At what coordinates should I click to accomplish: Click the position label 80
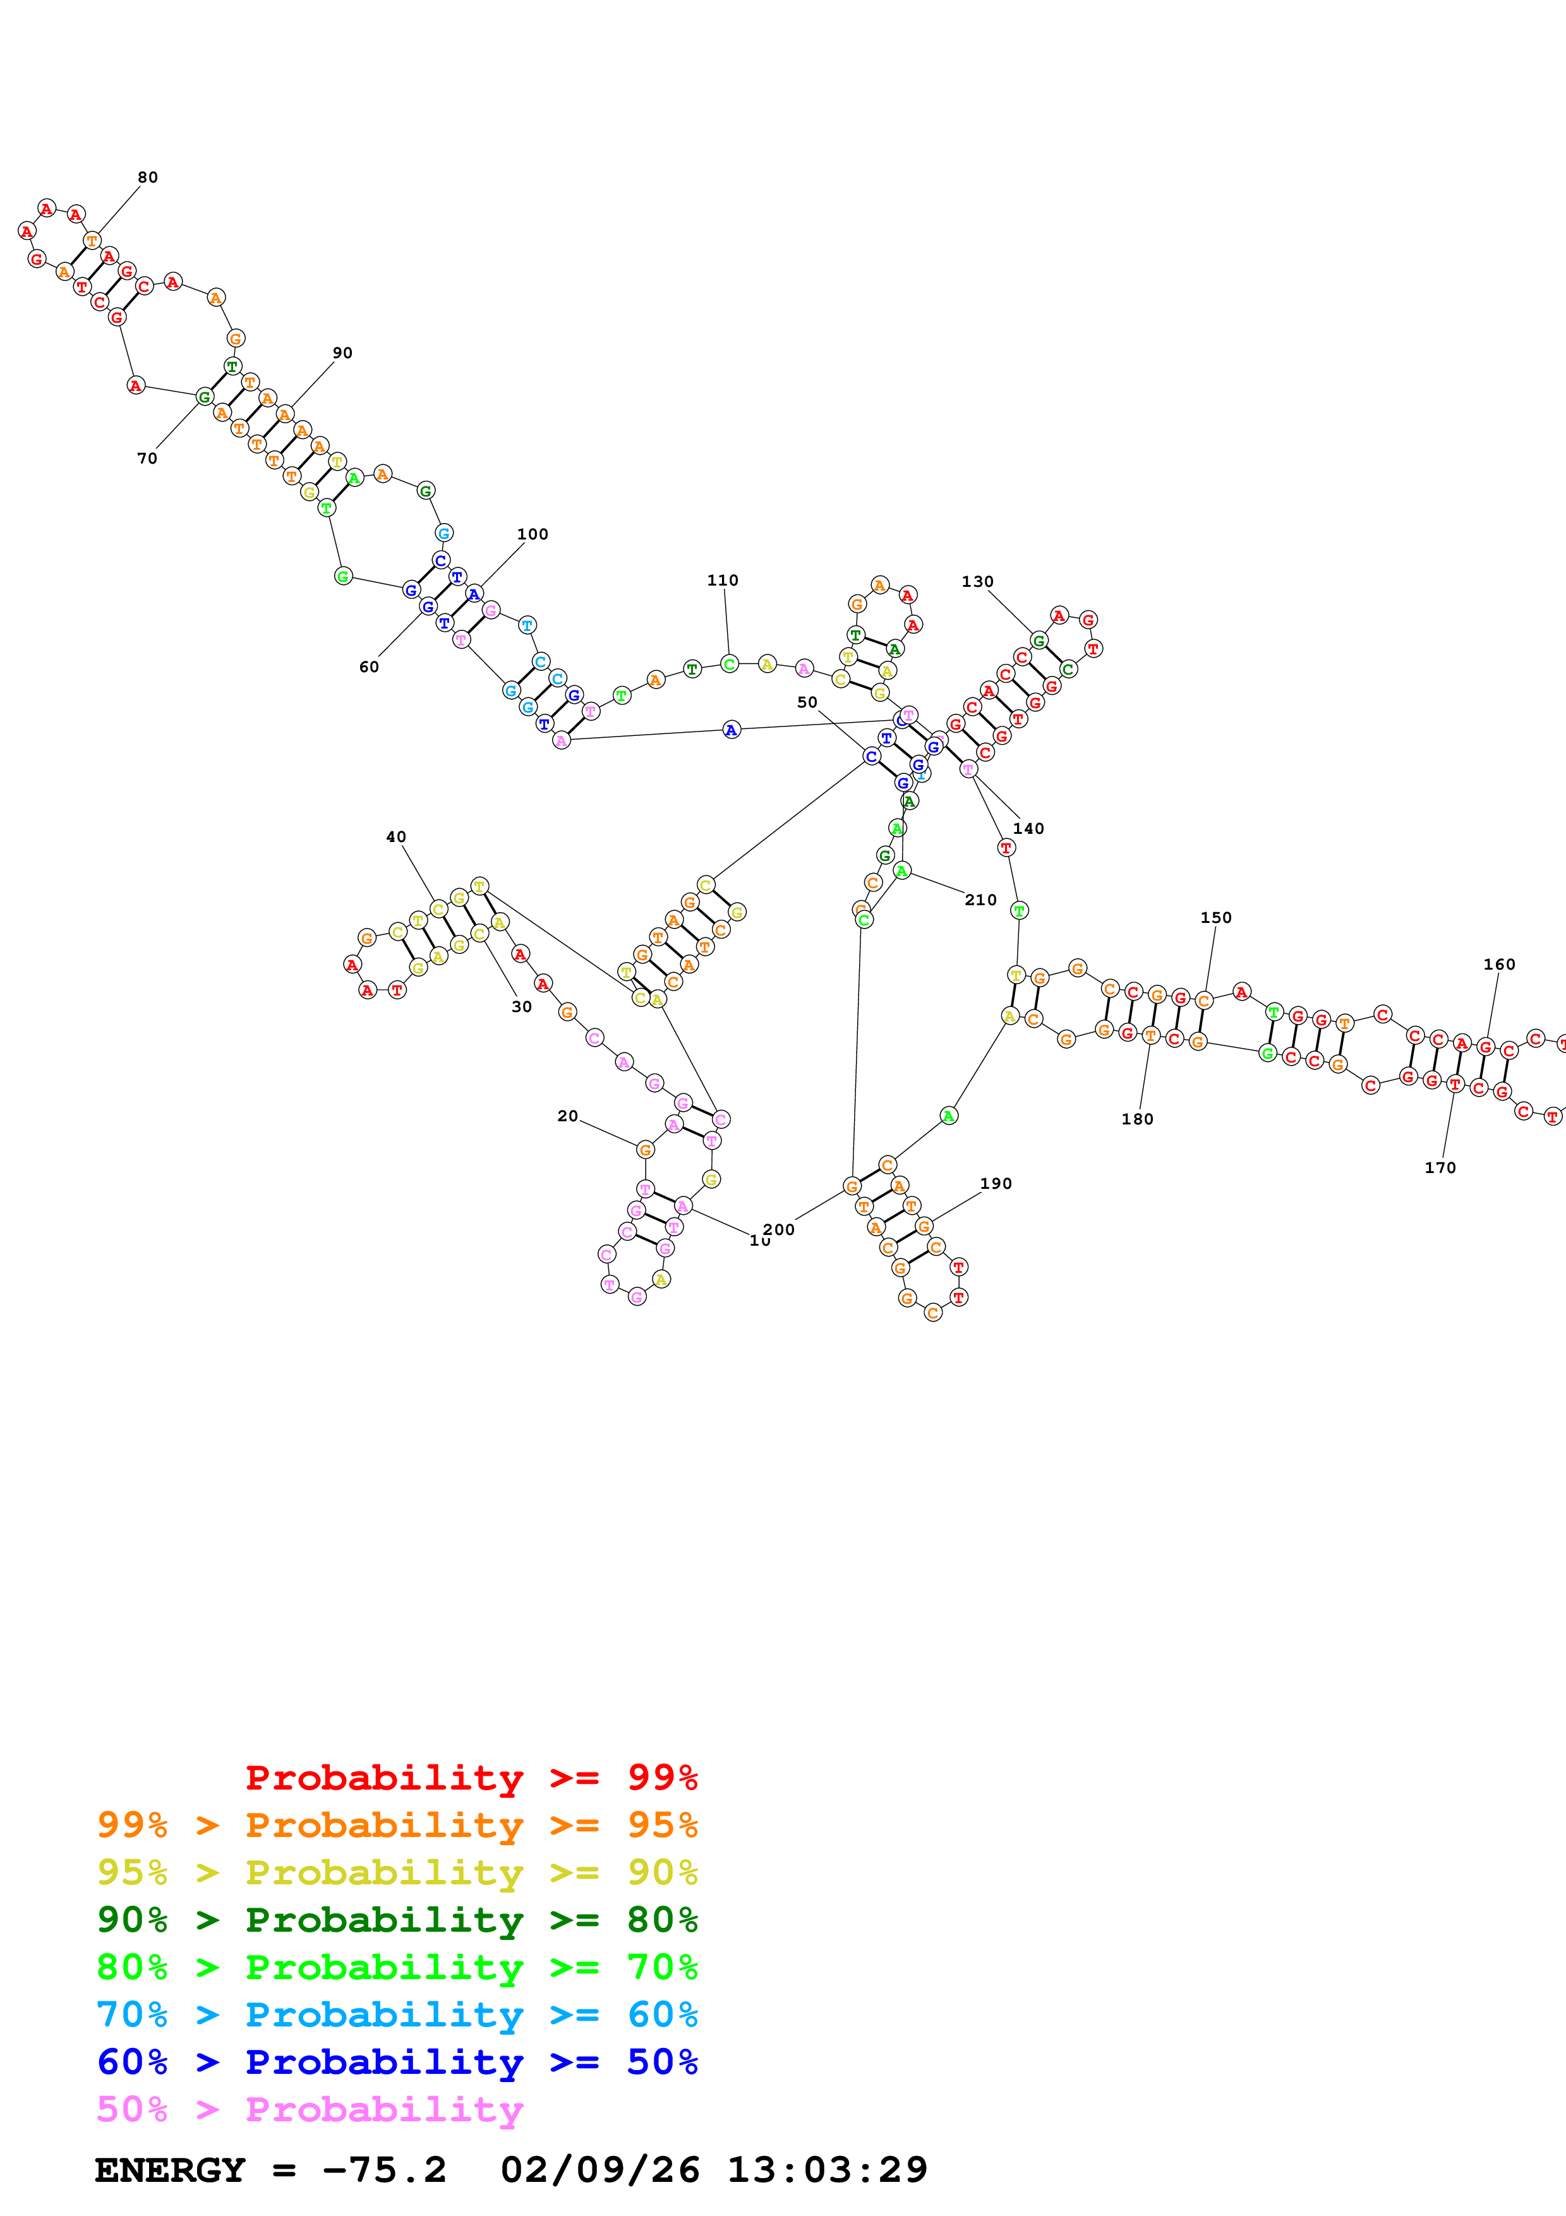coord(148,178)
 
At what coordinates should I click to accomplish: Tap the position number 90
coord(342,353)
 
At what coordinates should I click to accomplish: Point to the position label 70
coord(147,459)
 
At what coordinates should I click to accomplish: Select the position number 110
coord(723,580)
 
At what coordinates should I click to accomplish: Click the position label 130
coord(977,581)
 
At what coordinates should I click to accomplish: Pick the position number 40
coord(395,837)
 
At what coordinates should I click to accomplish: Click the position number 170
coord(1440,1168)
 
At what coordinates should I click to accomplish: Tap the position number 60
coord(368,667)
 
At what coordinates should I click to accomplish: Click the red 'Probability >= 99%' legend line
coord(471,1778)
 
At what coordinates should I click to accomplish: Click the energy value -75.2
coord(384,2170)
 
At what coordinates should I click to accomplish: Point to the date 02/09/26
coord(599,2170)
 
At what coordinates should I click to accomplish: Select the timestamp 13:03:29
coord(827,2170)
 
